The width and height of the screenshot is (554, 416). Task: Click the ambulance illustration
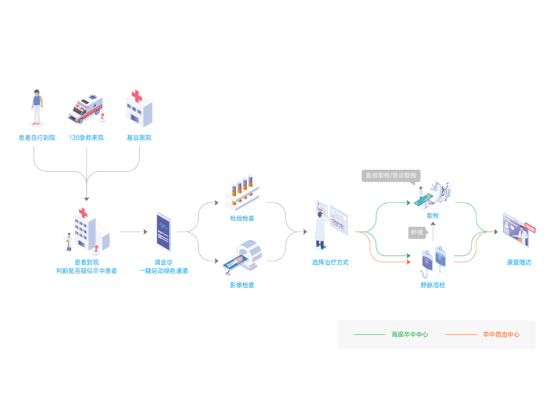coord(85,110)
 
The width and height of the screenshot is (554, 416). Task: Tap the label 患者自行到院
coord(37,138)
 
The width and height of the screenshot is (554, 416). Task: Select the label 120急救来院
coord(86,138)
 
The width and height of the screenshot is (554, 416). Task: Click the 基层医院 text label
coord(138,138)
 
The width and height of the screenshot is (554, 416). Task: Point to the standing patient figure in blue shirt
coord(37,108)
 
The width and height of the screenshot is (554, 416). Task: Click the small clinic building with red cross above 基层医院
coord(138,108)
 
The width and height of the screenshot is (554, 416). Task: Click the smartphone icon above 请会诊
coord(163,232)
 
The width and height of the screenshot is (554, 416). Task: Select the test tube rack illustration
coord(242,193)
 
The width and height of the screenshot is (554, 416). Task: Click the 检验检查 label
coord(242,218)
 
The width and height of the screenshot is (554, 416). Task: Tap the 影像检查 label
coord(242,284)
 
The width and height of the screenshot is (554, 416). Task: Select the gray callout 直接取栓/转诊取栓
coord(391,175)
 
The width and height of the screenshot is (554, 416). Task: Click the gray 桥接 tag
coord(416,232)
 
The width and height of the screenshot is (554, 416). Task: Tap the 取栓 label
coord(433,216)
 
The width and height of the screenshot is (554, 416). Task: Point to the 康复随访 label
coord(519,262)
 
